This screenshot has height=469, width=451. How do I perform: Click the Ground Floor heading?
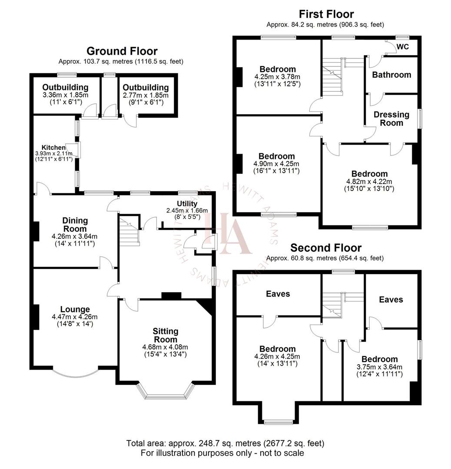(122, 51)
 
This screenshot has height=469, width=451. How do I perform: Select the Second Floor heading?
(326, 248)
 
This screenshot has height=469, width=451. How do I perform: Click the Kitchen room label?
(53, 148)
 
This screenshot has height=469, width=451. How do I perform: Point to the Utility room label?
(187, 204)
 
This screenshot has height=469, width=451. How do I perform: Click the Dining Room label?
(74, 225)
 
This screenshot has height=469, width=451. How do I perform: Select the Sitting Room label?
(166, 335)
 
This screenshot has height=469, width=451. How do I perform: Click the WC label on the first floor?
(403, 47)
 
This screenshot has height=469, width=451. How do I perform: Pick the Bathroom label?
(391, 75)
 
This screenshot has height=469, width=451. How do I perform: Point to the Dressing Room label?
(391, 119)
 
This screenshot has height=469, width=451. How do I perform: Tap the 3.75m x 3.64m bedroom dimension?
(379, 367)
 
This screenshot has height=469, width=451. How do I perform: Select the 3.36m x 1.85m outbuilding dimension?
(66, 95)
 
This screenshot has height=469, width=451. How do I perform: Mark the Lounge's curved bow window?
(78, 373)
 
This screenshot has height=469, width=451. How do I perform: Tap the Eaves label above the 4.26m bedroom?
(278, 294)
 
